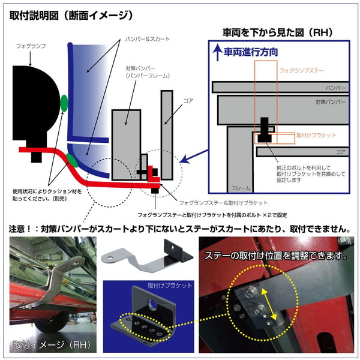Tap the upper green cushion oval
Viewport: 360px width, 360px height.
point(64,103)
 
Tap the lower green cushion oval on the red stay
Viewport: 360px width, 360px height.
point(72,160)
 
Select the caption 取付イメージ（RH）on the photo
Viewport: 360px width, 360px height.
point(48,346)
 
